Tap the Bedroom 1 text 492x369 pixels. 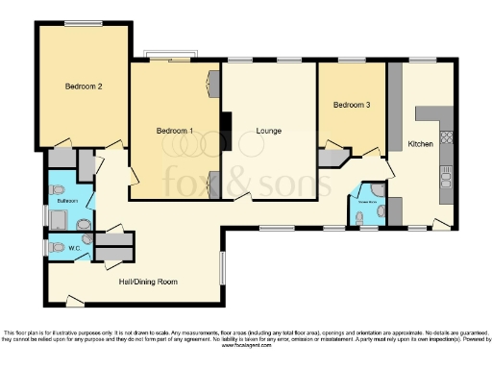[x=175, y=130]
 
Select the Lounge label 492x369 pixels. [x=268, y=130]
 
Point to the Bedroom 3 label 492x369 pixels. [x=352, y=105]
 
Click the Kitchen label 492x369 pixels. [x=421, y=143]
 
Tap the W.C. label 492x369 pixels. [x=74, y=248]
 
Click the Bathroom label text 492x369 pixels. [x=67, y=202]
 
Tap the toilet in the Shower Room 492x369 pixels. [x=361, y=218]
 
